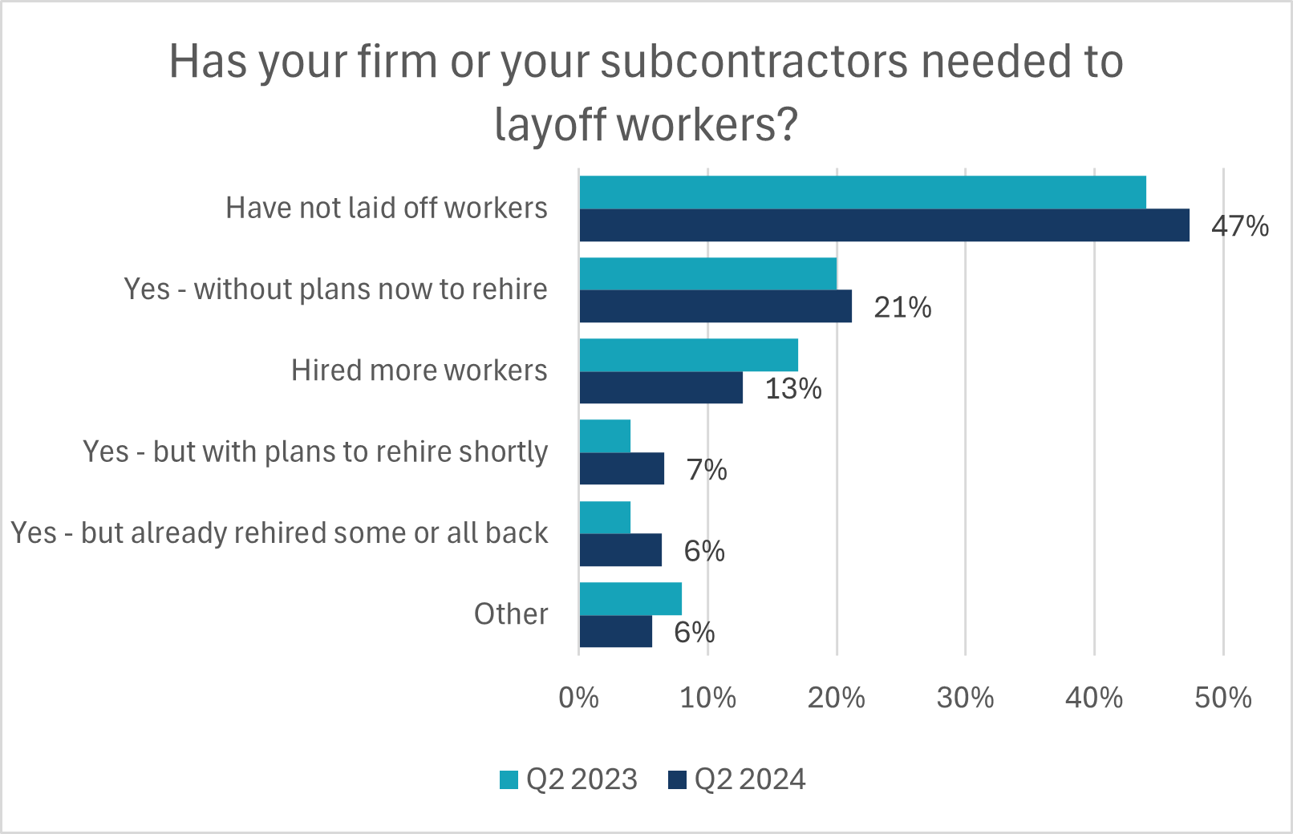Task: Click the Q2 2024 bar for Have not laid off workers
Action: [x=884, y=225]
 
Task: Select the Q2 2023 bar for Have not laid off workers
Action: [x=862, y=192]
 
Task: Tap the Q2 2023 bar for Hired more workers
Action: [x=688, y=354]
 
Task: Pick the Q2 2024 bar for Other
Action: [x=615, y=631]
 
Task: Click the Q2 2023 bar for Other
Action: [x=630, y=598]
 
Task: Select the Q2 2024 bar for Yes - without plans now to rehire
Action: [x=715, y=306]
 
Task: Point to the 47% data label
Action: [x=1239, y=226]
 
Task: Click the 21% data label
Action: [x=902, y=307]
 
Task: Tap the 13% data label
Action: [x=793, y=389]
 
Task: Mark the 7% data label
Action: [x=707, y=470]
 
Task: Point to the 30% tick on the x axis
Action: [x=965, y=698]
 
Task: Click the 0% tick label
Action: [x=578, y=698]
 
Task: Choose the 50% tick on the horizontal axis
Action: [x=1222, y=698]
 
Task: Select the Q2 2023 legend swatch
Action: [x=509, y=779]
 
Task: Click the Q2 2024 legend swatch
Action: [x=678, y=779]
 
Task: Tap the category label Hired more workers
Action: [x=419, y=370]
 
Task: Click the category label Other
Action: [x=511, y=614]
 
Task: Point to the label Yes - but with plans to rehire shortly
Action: [x=315, y=451]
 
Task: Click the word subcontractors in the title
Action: [x=753, y=62]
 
